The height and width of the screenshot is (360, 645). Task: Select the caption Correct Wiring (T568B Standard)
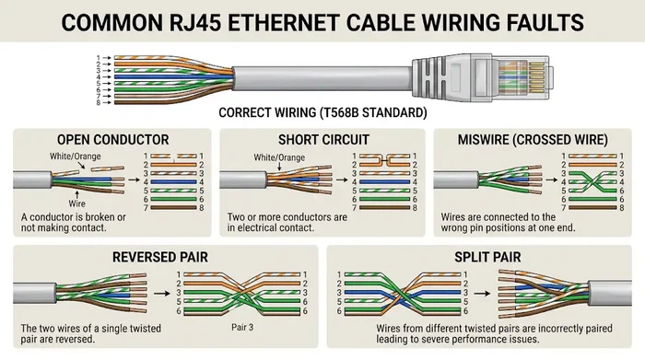point(322,113)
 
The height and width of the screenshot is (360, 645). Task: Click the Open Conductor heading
point(113,139)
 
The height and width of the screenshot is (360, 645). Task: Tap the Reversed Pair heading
point(163,255)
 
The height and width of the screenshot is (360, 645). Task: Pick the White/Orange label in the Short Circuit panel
point(277,157)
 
